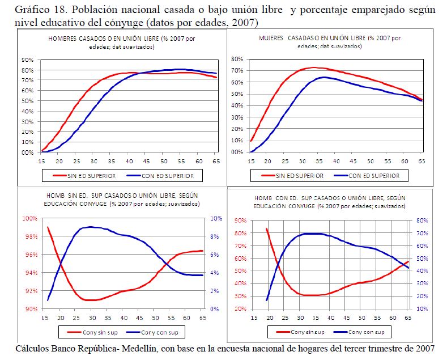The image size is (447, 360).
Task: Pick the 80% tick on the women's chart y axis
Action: [x=237, y=58]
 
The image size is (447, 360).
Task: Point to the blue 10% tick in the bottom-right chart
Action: [x=420, y=309]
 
